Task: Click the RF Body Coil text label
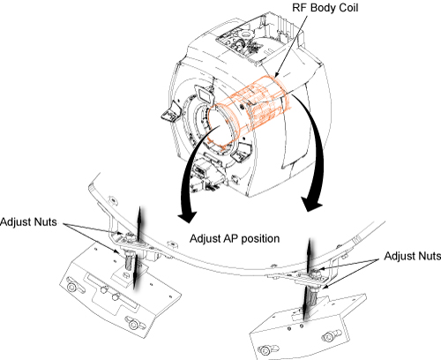tap(325, 8)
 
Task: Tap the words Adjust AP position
tap(235, 238)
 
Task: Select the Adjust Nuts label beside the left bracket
tap(28, 221)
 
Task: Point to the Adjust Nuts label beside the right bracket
tap(412, 256)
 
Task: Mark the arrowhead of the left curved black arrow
tap(187, 215)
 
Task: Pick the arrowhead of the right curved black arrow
tap(311, 204)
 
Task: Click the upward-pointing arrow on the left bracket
tap(139, 222)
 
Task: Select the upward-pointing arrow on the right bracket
tap(309, 254)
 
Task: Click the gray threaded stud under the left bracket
tap(129, 261)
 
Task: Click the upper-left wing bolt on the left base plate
tap(72, 286)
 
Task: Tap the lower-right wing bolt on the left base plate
tap(133, 324)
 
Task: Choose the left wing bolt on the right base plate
tap(265, 350)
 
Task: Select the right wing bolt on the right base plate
tap(329, 336)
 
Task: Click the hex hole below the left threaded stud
tap(125, 275)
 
